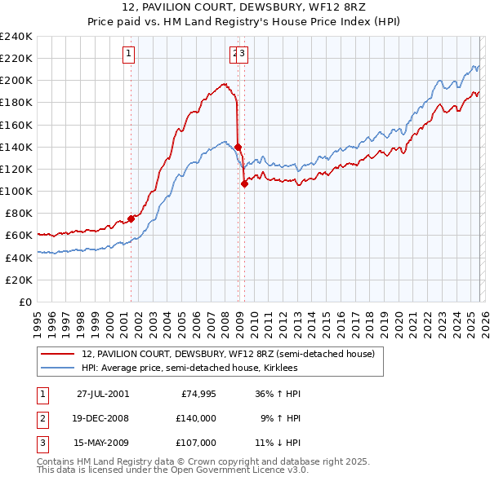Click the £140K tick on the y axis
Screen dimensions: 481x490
(16, 147)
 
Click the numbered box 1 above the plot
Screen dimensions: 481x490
(129, 55)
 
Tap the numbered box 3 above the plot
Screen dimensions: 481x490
(243, 55)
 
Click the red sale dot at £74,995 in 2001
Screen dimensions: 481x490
(131, 218)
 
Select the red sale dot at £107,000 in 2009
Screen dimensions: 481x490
(244, 183)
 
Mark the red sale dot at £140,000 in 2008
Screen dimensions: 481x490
(238, 147)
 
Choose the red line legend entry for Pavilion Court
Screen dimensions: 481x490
(228, 355)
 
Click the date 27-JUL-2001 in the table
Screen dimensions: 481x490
(102, 394)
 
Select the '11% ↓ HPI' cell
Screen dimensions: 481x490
(278, 443)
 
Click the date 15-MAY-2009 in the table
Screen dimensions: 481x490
(102, 443)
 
